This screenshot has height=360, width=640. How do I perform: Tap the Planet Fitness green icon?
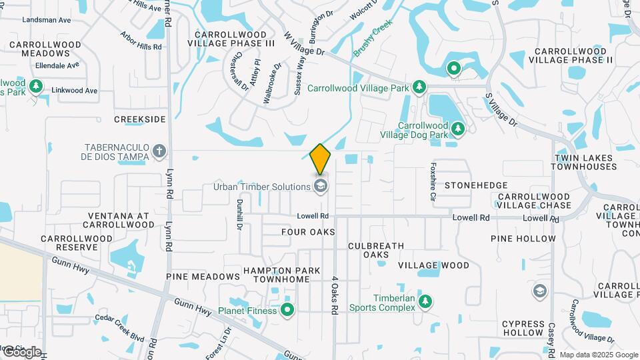pos(288,309)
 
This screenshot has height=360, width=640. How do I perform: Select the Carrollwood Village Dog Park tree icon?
pos(457,128)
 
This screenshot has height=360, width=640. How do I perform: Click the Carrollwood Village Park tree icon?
pos(419,87)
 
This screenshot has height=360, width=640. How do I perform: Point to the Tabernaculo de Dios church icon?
pos(159,151)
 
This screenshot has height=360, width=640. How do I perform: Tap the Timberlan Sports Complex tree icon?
pos(425,303)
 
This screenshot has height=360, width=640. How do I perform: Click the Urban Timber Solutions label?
pos(261,187)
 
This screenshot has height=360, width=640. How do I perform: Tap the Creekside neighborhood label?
pos(139,119)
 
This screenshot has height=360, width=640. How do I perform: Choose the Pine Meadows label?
pos(203,276)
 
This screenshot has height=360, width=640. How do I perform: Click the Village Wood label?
pos(434,265)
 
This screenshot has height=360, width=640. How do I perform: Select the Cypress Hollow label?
pos(523,327)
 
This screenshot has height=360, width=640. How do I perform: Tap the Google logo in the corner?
pos(21,352)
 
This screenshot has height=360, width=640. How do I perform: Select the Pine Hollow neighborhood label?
pos(523,238)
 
